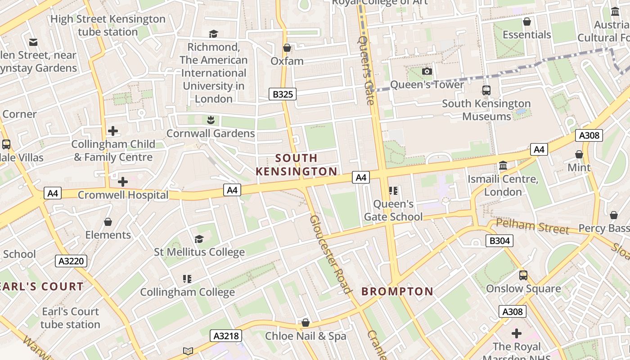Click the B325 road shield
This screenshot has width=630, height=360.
(x=283, y=94)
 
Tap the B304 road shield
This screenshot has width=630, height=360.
(x=499, y=241)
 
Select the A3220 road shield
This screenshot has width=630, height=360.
(x=71, y=261)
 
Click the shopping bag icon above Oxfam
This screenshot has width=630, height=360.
(x=287, y=48)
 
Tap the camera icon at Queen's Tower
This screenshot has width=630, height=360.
(x=427, y=71)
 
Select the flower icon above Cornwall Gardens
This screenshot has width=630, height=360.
(x=210, y=120)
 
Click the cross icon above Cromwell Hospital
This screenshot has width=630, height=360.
(x=122, y=182)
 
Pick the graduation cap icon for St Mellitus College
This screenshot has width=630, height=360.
(x=199, y=239)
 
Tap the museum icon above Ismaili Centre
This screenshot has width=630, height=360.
(x=503, y=166)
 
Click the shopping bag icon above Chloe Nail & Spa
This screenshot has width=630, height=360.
(x=306, y=323)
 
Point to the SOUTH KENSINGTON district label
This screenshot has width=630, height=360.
(x=297, y=165)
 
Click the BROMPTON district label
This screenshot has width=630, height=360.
(x=397, y=292)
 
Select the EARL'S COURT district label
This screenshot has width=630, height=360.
(x=41, y=287)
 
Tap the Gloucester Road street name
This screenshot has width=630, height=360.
(x=330, y=254)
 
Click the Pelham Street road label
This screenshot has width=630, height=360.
(x=532, y=226)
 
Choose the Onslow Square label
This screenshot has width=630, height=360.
(x=523, y=288)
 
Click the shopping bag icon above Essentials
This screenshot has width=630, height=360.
(x=526, y=22)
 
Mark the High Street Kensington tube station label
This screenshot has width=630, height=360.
(x=108, y=26)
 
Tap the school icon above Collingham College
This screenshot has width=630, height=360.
(x=187, y=279)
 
